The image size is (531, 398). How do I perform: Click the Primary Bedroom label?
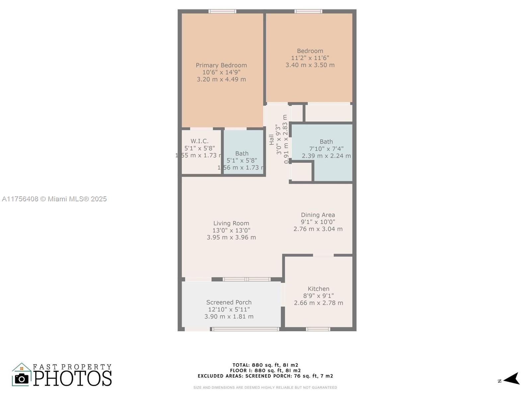[x=221, y=65]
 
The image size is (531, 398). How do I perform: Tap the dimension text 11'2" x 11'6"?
[x=310, y=58]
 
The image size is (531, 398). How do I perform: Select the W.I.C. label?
[x=199, y=141]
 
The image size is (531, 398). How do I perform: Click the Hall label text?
[x=271, y=140]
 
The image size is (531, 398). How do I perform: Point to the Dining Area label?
[x=318, y=215]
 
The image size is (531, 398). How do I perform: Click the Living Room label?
[x=231, y=223]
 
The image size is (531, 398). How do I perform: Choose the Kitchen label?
[x=318, y=289]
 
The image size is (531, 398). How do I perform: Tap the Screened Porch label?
[x=229, y=302]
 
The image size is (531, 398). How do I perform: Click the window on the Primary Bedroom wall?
[x=222, y=11]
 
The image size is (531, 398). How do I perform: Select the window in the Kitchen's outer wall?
[x=318, y=329]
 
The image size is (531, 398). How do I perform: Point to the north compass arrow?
[x=511, y=378]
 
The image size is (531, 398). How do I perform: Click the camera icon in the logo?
[x=22, y=379]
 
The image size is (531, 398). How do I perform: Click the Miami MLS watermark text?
[x=54, y=199]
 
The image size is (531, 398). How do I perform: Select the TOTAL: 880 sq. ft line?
[x=265, y=365]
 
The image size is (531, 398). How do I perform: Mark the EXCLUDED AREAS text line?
[x=265, y=376]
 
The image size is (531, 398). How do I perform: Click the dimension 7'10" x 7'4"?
[x=326, y=149]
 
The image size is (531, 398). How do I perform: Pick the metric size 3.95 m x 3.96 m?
[x=231, y=237]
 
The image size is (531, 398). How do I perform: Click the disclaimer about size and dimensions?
[x=265, y=388]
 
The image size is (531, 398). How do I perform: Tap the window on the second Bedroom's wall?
[x=308, y=11]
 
